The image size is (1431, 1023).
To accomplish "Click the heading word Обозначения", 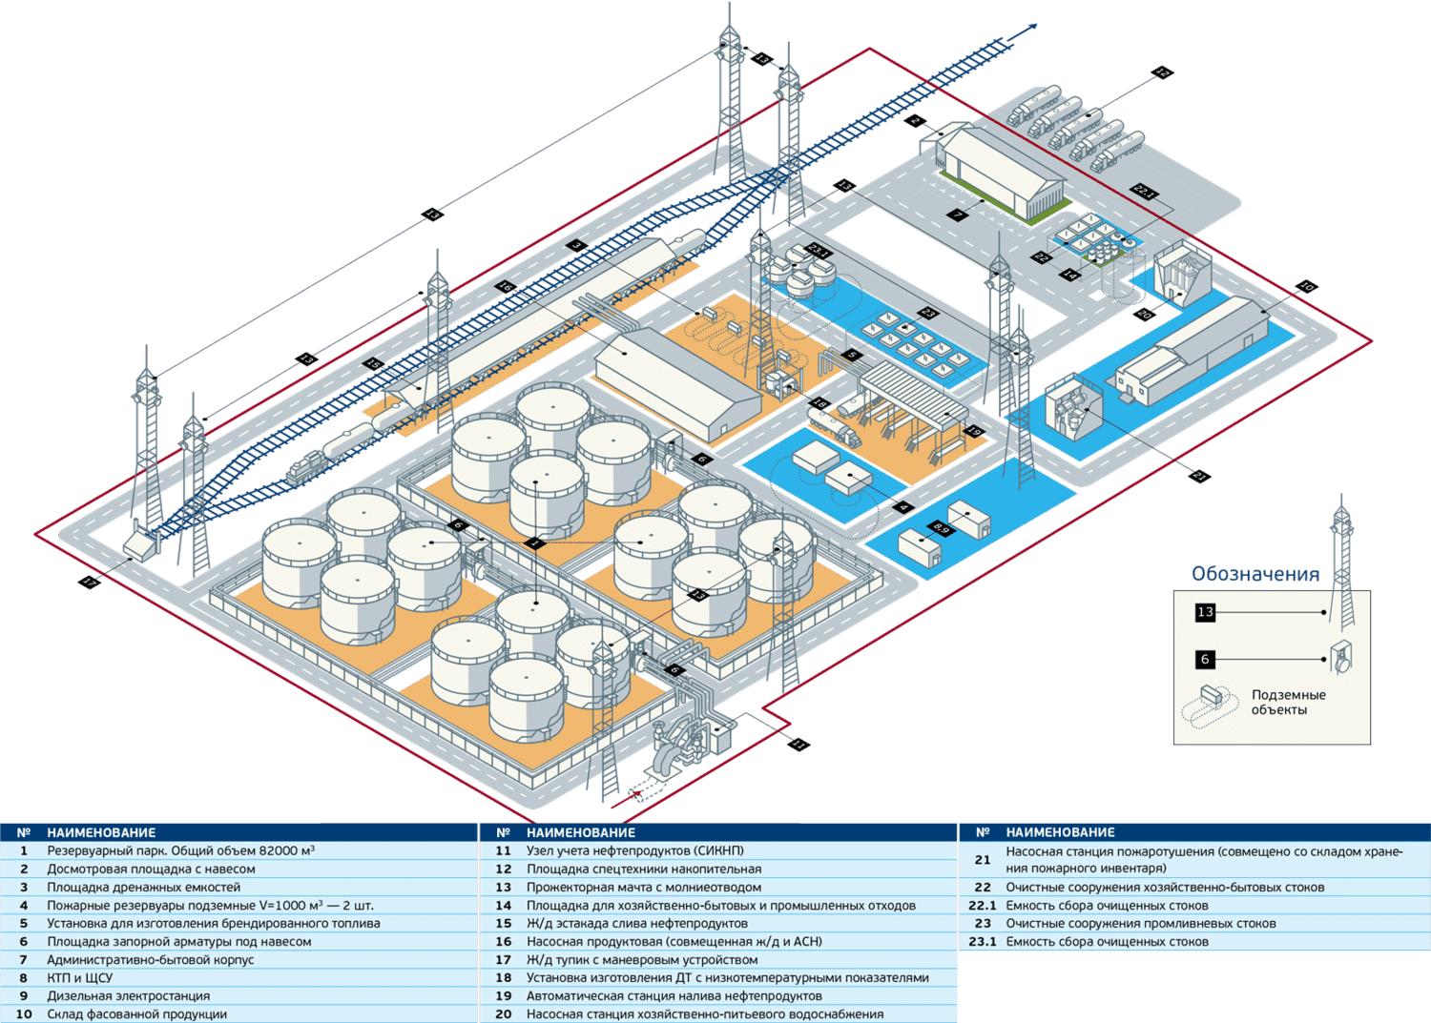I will point(1255,574).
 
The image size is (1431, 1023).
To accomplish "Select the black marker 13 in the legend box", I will point(1205,611).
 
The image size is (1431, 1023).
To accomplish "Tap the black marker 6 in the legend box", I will point(1205,658).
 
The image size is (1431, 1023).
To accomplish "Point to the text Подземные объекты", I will point(1288,702).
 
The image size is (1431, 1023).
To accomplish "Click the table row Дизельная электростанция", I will point(128,996).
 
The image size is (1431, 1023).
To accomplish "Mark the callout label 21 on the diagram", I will point(1201,475).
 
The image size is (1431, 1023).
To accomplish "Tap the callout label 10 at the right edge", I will point(1305,286).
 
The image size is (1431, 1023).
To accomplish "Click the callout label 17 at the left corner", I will point(89,583).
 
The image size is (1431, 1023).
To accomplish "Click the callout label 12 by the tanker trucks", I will point(1161,72).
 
